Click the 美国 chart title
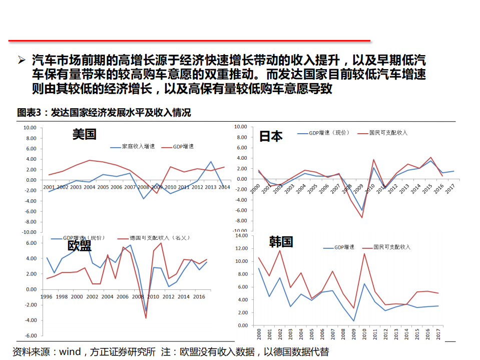click(x=84, y=134)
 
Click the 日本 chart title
click(x=271, y=136)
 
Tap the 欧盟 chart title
click(x=80, y=245)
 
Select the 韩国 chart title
click(x=281, y=242)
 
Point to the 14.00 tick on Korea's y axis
click(x=241, y=235)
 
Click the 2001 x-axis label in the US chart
click(x=49, y=187)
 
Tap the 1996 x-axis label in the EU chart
click(x=46, y=296)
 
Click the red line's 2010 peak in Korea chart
click(x=364, y=253)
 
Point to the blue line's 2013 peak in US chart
click(x=211, y=162)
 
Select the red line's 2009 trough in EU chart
click(x=146, y=318)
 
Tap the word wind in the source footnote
click(x=70, y=352)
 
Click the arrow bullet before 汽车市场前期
click(x=22, y=61)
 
